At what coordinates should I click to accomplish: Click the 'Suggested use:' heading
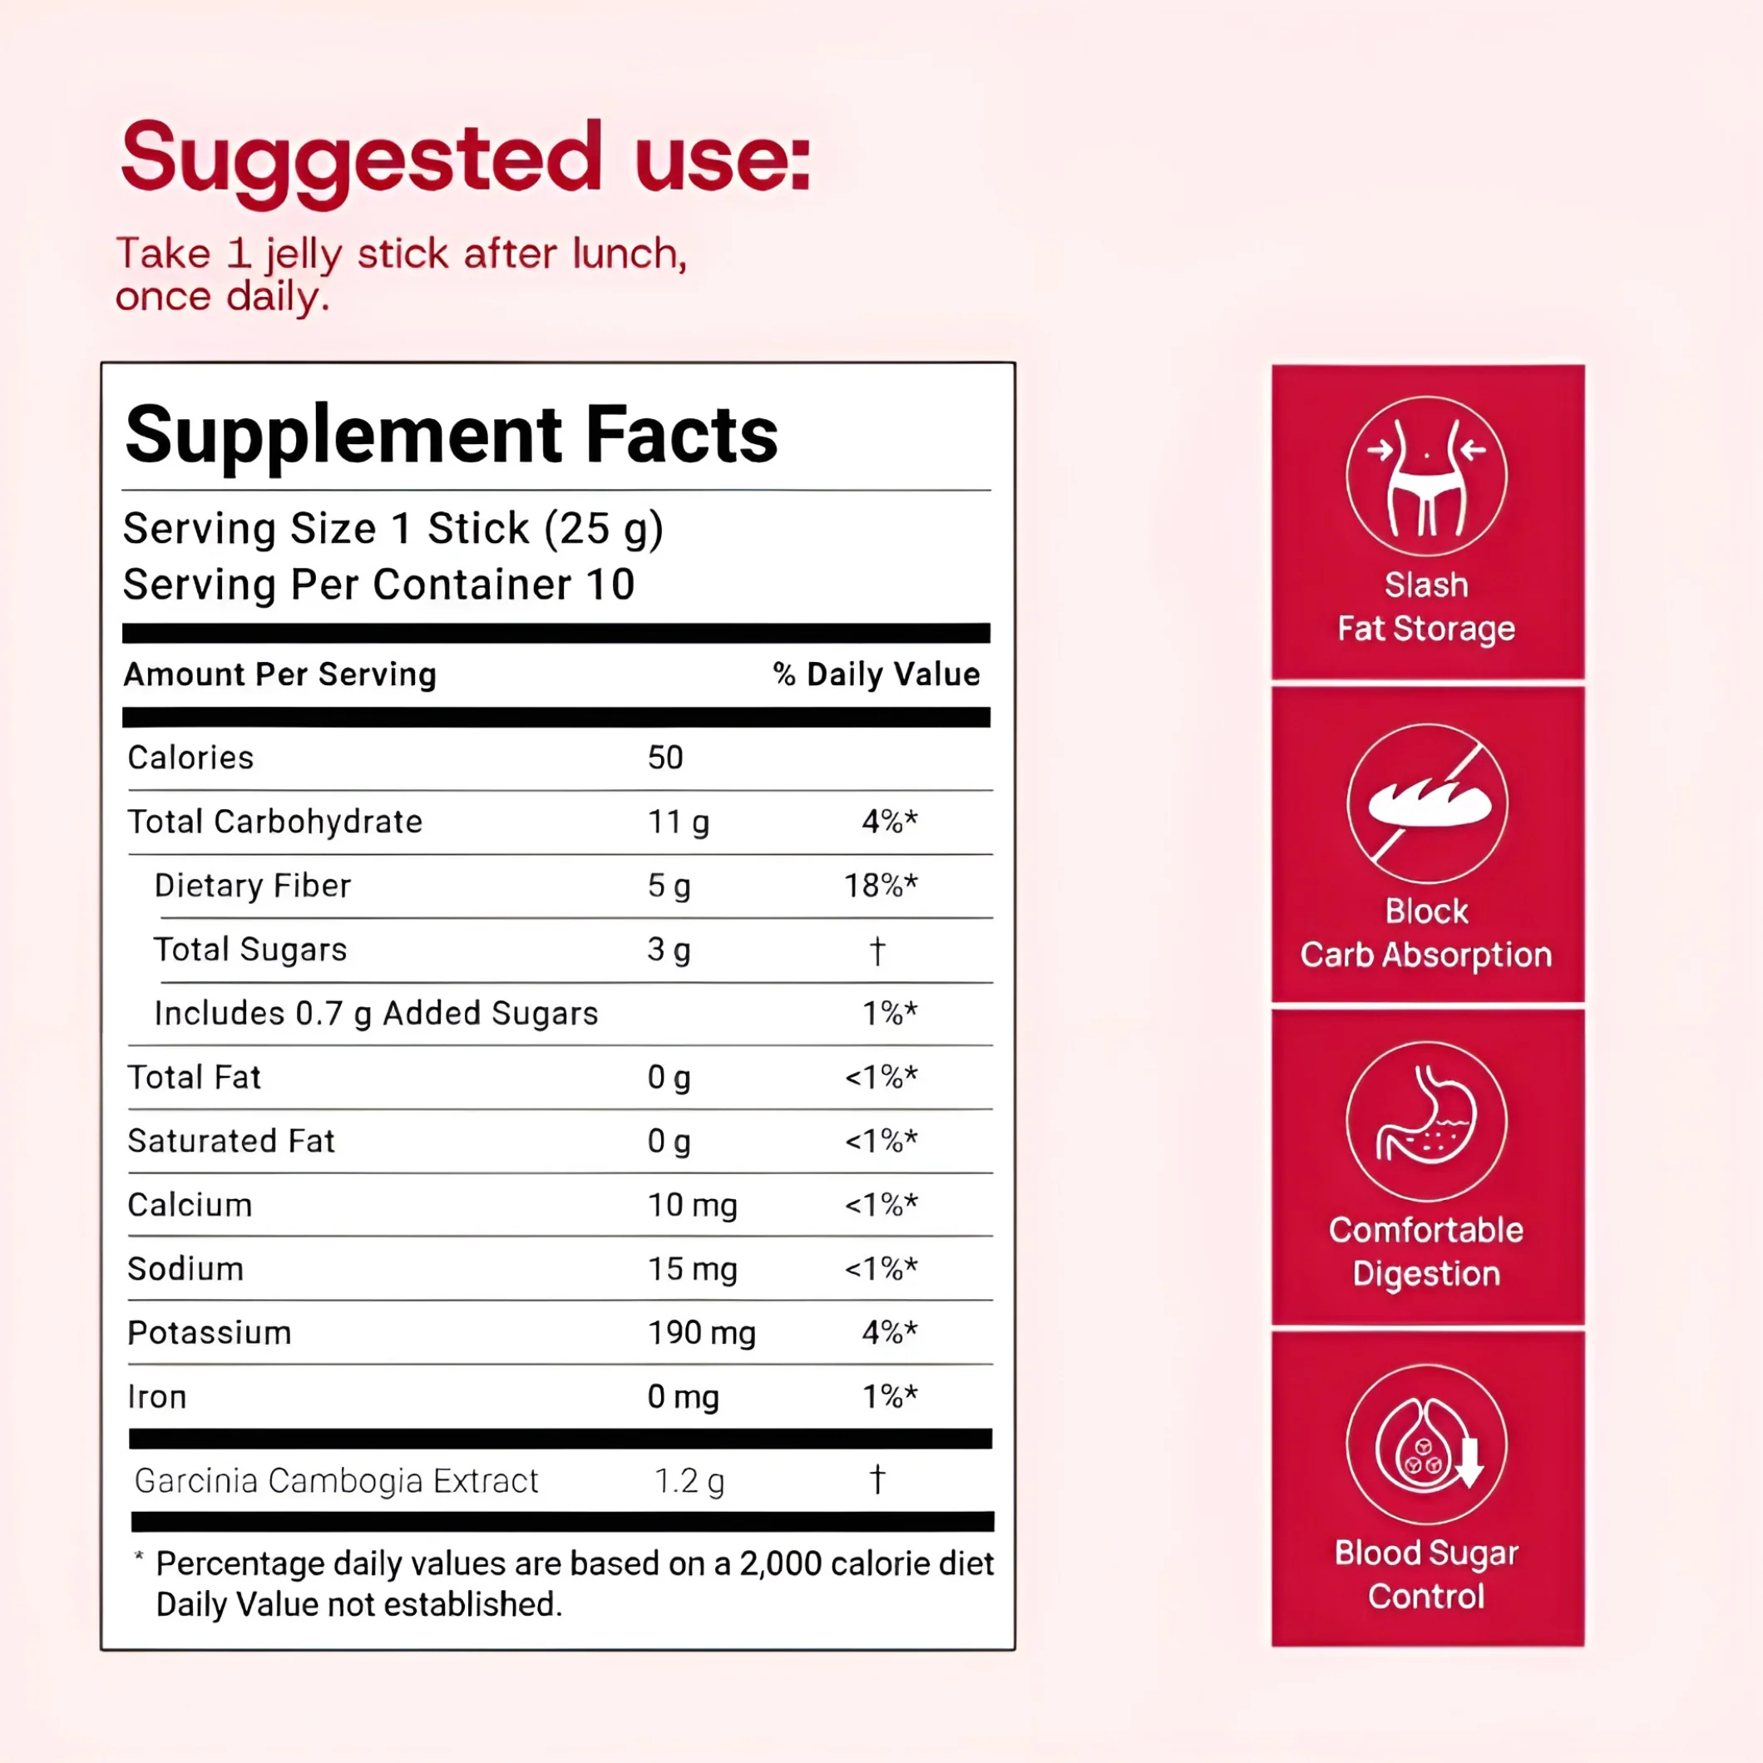[466, 160]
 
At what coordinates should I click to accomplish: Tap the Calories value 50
[665, 758]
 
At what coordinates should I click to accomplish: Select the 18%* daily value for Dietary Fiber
[881, 885]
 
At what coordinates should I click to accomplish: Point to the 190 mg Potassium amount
[702, 1332]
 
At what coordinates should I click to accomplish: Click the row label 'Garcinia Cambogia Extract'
[336, 1480]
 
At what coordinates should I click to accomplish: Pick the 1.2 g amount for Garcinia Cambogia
[689, 1480]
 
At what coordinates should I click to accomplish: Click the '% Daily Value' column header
[876, 674]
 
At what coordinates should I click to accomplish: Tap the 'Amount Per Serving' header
[280, 674]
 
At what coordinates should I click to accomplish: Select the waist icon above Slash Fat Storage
[1426, 477]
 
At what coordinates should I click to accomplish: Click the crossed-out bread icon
[1426, 803]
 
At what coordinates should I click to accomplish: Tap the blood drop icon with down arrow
[1426, 1444]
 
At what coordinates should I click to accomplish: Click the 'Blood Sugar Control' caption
[1426, 1574]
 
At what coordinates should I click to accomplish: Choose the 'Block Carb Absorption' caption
[1426, 932]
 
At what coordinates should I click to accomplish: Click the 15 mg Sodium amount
[693, 1268]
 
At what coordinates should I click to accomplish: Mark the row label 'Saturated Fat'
[231, 1141]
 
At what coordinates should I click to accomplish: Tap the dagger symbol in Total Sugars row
[877, 950]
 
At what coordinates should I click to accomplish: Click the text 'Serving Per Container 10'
[378, 584]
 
